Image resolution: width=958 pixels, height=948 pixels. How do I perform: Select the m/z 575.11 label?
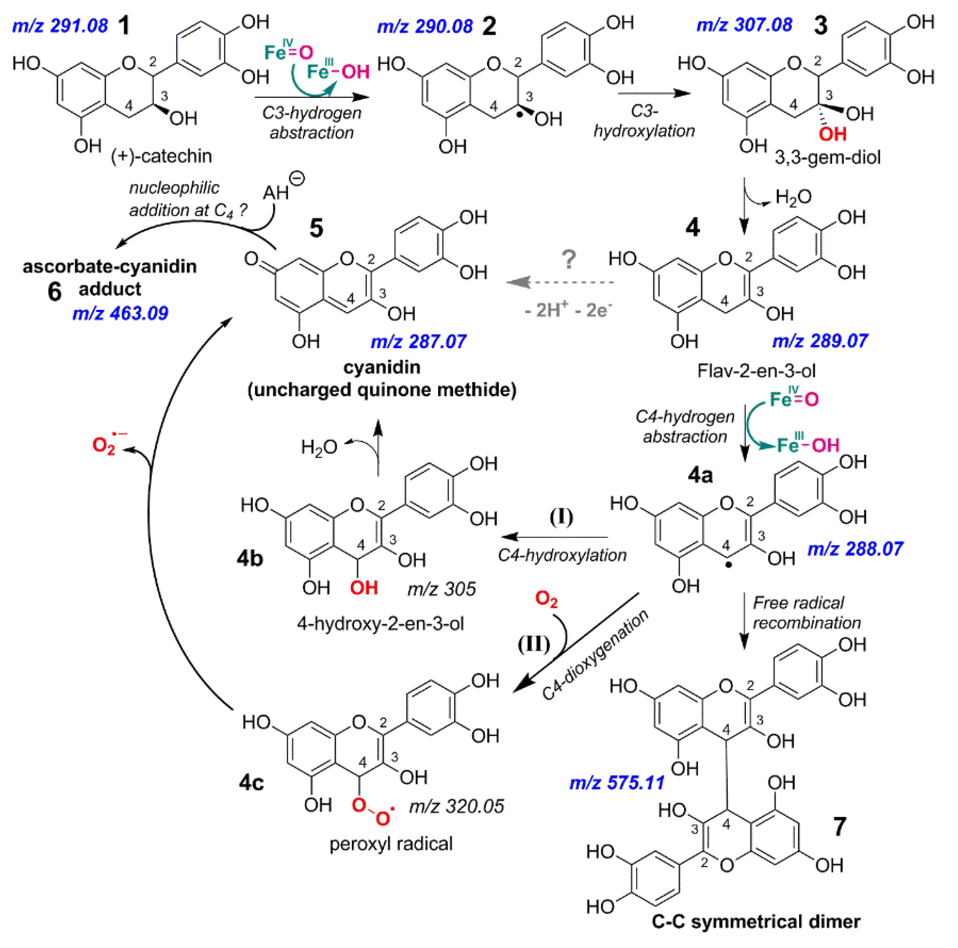coord(616,783)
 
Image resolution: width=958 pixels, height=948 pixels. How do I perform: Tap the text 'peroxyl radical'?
coord(391,844)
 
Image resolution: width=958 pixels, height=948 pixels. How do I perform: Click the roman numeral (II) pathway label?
coord(534,644)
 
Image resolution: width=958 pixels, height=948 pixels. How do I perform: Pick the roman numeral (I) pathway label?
coord(561,516)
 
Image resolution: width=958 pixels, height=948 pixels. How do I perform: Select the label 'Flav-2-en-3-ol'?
coord(756,371)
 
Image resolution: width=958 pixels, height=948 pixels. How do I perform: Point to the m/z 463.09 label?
coord(120,313)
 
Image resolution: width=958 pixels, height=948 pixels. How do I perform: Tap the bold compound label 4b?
coord(249,558)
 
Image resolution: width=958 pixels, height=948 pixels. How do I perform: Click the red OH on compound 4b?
coord(364,588)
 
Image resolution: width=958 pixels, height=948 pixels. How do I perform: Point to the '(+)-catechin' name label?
coord(162,156)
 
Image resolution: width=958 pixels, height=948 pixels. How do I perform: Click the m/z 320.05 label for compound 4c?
coord(456,806)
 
